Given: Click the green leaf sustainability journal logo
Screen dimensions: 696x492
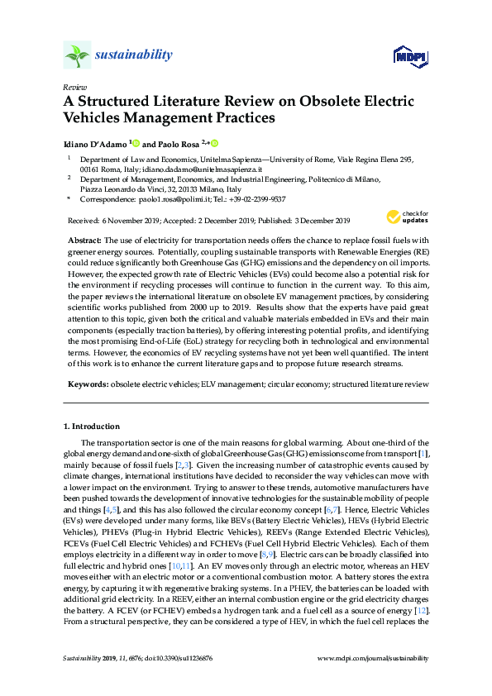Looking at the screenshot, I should click(77, 55).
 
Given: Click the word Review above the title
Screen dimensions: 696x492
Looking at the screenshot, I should click(74, 87).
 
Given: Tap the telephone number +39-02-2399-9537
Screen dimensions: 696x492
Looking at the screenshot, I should click(253, 199).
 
